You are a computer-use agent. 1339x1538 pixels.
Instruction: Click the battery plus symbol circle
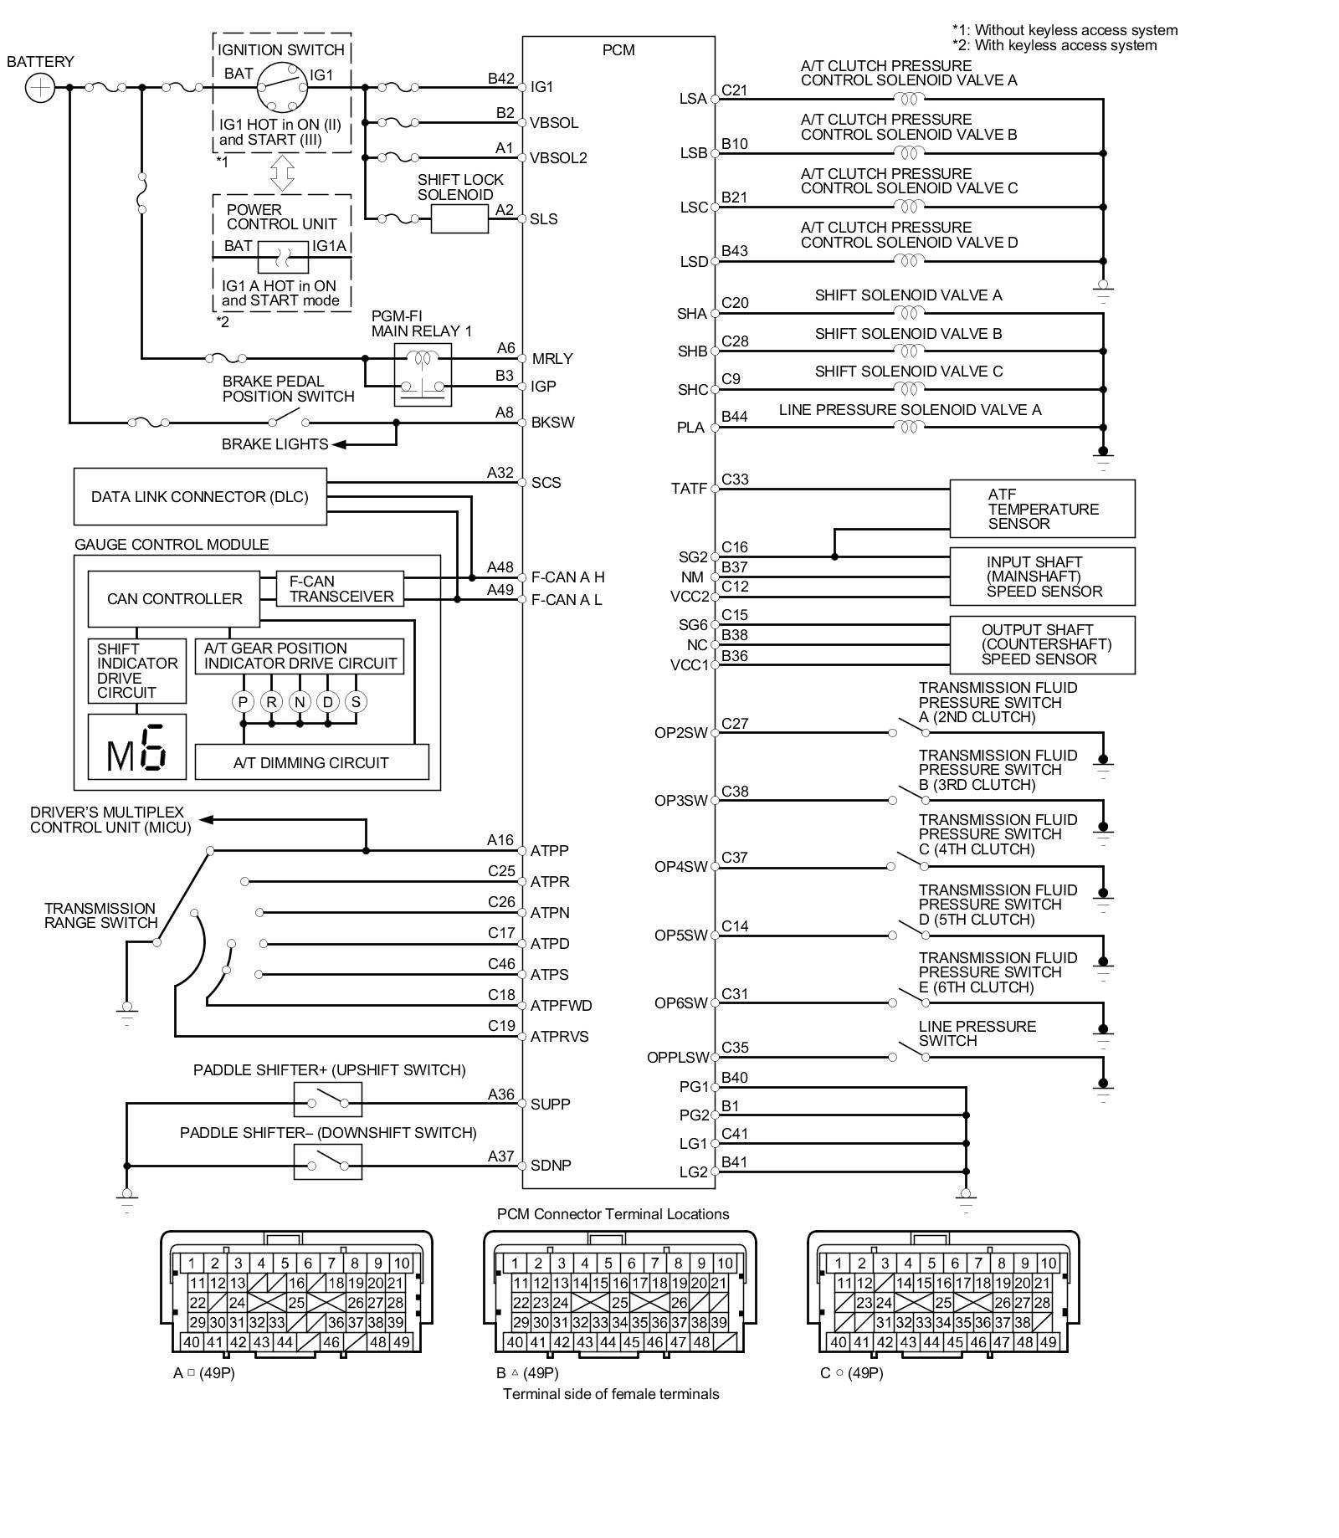pyautogui.click(x=40, y=87)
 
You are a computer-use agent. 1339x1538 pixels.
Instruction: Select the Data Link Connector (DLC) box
pyautogui.click(x=200, y=497)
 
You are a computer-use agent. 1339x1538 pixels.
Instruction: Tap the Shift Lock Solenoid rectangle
pyautogui.click(x=459, y=219)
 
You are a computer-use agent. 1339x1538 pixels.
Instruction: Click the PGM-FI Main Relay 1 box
pyautogui.click(x=423, y=375)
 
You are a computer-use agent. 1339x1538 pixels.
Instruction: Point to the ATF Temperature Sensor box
pyautogui.click(x=1042, y=509)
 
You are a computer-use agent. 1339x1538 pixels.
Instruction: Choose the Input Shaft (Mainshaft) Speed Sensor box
pyautogui.click(x=1042, y=577)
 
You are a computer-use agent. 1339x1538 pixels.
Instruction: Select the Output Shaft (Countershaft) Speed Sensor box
pyautogui.click(x=1042, y=645)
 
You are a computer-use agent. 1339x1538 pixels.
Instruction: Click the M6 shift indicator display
pyautogui.click(x=137, y=746)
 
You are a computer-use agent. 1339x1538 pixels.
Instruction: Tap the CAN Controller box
pyautogui.click(x=174, y=599)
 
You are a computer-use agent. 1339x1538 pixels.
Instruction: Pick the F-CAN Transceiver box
pyautogui.click(x=341, y=589)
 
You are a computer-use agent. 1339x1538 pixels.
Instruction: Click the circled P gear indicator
pyautogui.click(x=243, y=702)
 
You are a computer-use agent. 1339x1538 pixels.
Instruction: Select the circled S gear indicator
pyautogui.click(x=356, y=702)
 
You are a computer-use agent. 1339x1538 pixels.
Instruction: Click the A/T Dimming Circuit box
pyautogui.click(x=311, y=762)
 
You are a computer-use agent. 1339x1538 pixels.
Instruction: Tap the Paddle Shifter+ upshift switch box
pyautogui.click(x=328, y=1100)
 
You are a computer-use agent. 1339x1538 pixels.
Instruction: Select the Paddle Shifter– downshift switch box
pyautogui.click(x=328, y=1162)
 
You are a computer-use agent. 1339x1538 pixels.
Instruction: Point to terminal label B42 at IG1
pyautogui.click(x=501, y=79)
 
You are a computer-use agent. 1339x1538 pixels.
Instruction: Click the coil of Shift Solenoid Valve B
pyautogui.click(x=909, y=351)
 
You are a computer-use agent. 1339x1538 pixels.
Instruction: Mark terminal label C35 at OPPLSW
pyautogui.click(x=735, y=1048)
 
